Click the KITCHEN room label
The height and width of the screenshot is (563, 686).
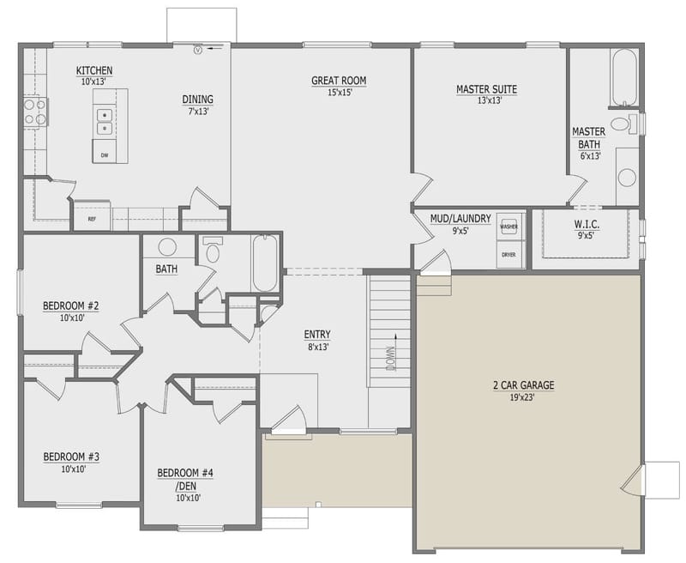(94, 70)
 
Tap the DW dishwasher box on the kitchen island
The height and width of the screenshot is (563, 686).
(105, 154)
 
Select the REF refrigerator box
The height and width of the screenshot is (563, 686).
(91, 219)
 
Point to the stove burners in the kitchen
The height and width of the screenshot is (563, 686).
(34, 111)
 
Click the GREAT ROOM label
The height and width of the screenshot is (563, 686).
(339, 82)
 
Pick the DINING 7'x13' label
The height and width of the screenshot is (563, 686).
(197, 99)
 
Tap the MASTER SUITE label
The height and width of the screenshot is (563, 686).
(486, 88)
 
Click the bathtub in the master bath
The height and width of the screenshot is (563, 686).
(623, 76)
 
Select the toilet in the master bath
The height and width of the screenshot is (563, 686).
(630, 124)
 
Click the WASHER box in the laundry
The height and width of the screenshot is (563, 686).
(508, 227)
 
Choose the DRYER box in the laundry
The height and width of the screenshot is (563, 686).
(508, 255)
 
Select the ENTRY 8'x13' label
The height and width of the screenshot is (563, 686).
(317, 335)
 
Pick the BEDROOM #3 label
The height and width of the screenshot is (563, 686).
(71, 457)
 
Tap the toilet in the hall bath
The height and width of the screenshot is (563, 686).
(213, 251)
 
